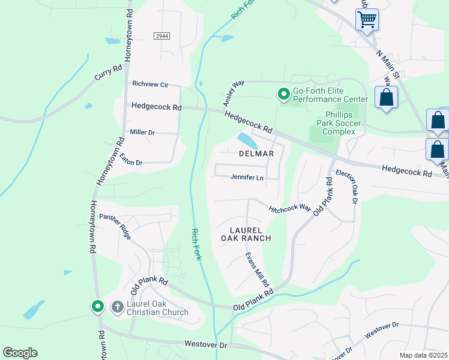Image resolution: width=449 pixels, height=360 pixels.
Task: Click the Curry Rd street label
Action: tap(108, 73)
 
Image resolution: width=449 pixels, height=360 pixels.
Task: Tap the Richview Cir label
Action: tap(151, 85)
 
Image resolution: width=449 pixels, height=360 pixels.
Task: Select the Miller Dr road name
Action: tap(142, 132)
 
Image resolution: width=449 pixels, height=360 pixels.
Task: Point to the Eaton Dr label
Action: tap(131, 159)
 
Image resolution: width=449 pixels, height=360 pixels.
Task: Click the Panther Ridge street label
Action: tap(115, 226)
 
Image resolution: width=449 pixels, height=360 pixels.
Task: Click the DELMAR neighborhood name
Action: tap(256, 154)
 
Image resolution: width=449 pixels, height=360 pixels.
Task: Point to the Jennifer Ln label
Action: tap(247, 178)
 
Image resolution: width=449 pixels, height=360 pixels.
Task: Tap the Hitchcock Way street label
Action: tap(290, 208)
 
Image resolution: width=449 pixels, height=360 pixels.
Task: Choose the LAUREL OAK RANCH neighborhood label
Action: tap(251, 234)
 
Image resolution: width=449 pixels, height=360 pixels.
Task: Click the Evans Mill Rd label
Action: tap(257, 269)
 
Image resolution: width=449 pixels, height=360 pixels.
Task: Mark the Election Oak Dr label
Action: tap(346, 187)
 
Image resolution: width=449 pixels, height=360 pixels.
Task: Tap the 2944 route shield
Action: tap(161, 36)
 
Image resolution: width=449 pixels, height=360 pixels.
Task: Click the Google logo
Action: tap(20, 353)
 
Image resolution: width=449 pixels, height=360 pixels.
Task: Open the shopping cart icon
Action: tap(367, 19)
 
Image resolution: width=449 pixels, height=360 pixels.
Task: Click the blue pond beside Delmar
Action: tap(247, 142)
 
